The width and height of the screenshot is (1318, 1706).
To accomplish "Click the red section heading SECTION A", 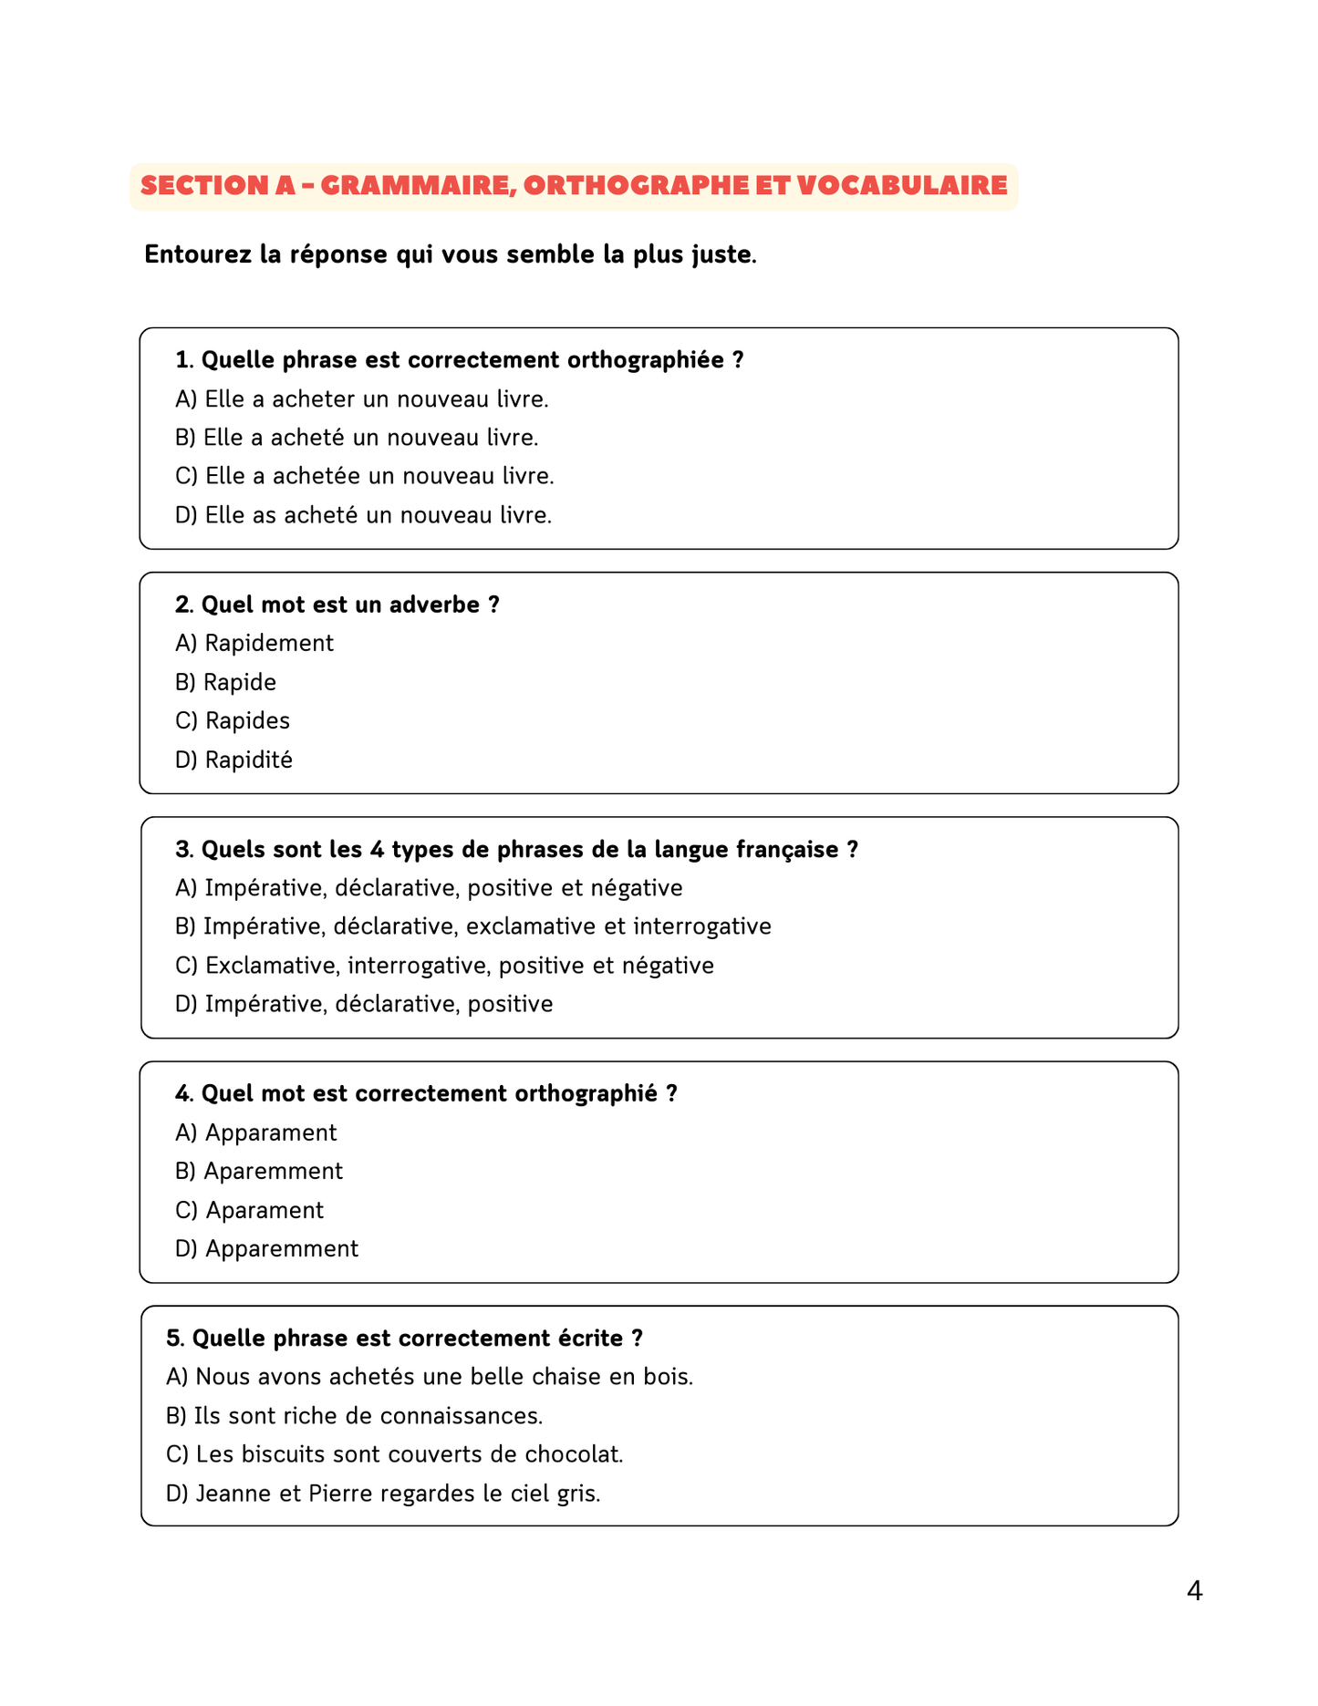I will coord(573,186).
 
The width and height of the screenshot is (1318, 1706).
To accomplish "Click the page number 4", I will coord(1194,1591).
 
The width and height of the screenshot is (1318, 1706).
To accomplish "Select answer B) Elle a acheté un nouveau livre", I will coord(357,438).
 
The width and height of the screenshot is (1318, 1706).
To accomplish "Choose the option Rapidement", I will coord(254,644).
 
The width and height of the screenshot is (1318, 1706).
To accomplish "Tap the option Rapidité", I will coord(234,760).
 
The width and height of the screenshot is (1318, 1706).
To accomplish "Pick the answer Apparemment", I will coord(266,1248).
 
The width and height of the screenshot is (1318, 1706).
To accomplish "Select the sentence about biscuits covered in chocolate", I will coord(394,1454).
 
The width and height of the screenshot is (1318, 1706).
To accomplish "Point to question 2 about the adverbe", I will coord(337,605).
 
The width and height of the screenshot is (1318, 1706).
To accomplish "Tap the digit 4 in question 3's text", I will coord(377,850).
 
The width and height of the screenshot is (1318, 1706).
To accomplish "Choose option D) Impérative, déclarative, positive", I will coord(364,1004).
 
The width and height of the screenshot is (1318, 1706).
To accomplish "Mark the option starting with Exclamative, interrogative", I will coord(444,966).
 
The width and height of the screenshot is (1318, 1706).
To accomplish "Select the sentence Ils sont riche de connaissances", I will coord(354,1416).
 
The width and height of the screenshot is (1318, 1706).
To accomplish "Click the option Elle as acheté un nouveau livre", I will coord(363,515).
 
